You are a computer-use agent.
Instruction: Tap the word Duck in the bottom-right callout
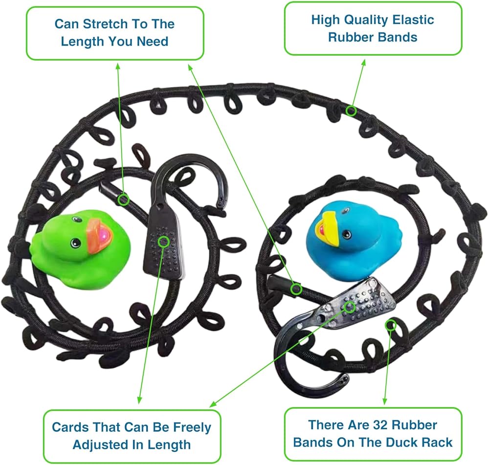[x=404, y=443]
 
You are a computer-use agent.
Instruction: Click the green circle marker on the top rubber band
[x=352, y=111]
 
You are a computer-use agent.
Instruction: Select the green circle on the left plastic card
[x=163, y=241]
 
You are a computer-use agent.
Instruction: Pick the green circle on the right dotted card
[x=350, y=307]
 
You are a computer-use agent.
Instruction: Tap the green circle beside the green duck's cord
[x=124, y=199]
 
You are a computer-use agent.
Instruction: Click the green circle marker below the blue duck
[x=296, y=289]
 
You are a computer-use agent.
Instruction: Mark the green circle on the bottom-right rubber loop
[x=390, y=325]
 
